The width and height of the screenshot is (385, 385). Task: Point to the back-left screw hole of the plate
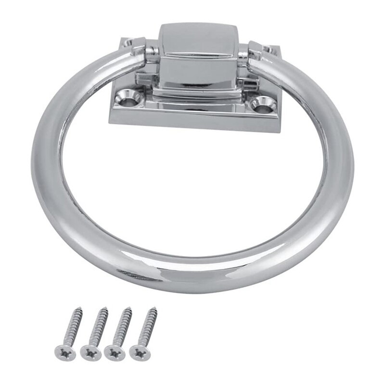coord(128,43)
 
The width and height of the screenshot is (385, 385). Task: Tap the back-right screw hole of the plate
coord(268,48)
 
